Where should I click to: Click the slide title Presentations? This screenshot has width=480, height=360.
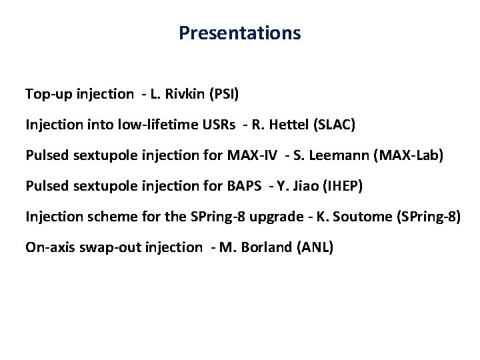click(239, 33)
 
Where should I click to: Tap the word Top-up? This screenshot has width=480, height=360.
click(46, 94)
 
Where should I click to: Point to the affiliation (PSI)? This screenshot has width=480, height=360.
click(223, 94)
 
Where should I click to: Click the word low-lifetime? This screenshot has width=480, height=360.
click(151, 125)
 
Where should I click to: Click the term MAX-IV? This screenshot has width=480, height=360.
click(251, 155)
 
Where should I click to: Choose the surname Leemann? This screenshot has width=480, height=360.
click(337, 155)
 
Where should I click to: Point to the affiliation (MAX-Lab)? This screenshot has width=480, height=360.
click(409, 155)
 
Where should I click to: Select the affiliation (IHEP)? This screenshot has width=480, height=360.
click(342, 186)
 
